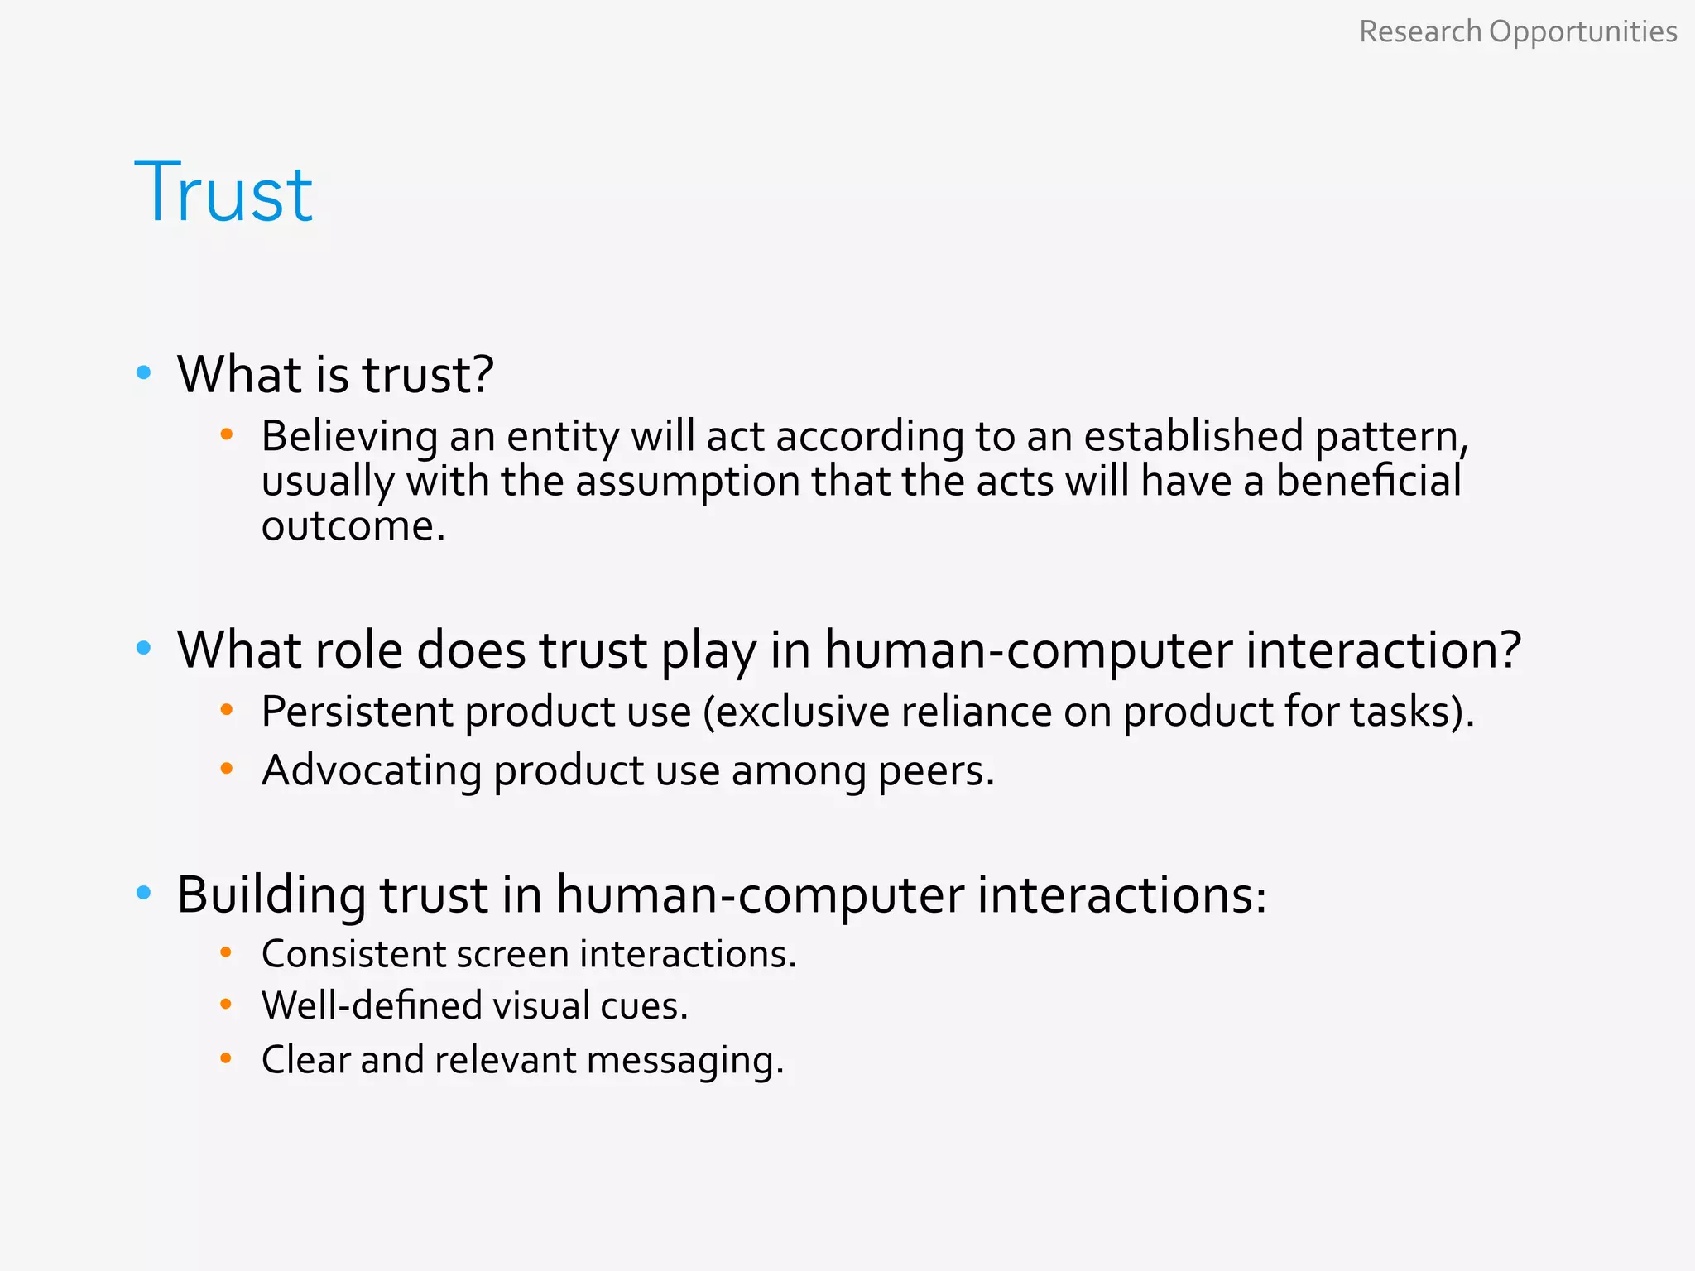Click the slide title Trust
pos(223,193)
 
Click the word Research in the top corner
pos(1419,31)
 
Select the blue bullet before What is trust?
pos(144,373)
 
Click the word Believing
pos(349,437)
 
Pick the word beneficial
pos(1368,481)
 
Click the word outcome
pos(353,526)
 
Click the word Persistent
pos(357,711)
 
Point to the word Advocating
pos(371,771)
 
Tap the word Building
pos(271,896)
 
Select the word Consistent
pos(353,954)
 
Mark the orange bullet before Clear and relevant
pos(226,1058)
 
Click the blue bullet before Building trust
pos(144,893)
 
